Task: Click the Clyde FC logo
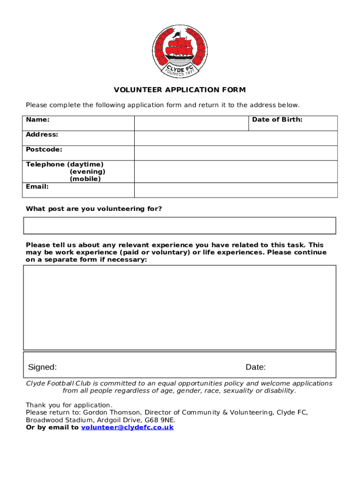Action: coord(180,51)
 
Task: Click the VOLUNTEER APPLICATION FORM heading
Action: coord(180,90)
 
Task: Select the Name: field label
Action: coord(38,120)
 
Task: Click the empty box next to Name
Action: coord(191,123)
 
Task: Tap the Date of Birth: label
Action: coord(277,120)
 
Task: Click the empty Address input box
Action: coord(236,138)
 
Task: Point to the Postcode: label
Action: coord(44,150)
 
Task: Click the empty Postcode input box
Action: coord(236,153)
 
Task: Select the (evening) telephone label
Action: coord(87,172)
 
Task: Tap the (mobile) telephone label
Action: coord(85,179)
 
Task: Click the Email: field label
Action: coord(37,187)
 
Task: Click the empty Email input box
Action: coord(236,190)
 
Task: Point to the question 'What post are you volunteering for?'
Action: coord(94,209)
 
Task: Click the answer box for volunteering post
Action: coord(180,225)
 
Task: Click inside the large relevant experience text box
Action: coord(180,307)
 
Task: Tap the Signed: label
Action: coord(43,367)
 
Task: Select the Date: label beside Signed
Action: coord(256,367)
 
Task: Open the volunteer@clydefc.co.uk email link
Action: coord(127,428)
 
